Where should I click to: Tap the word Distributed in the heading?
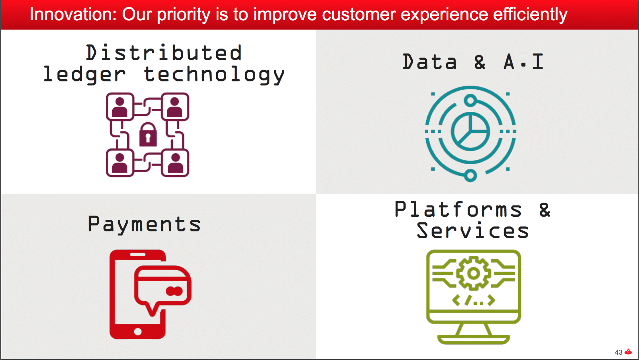coord(164,52)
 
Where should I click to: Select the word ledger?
coord(85,75)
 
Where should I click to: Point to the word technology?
coord(214,75)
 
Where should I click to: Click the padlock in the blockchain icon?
coord(148,134)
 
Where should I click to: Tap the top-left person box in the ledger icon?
coord(120,106)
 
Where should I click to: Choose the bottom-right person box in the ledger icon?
coord(175,163)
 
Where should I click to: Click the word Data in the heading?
coord(430,62)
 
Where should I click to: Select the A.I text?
coord(524,62)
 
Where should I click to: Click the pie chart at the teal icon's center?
coord(470,131)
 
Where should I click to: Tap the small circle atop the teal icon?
coord(470,101)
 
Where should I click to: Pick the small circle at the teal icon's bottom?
coord(470,175)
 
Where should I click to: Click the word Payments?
coord(144,225)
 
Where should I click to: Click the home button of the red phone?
coord(138,332)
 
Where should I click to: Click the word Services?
coord(473,231)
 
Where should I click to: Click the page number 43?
coord(618,352)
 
